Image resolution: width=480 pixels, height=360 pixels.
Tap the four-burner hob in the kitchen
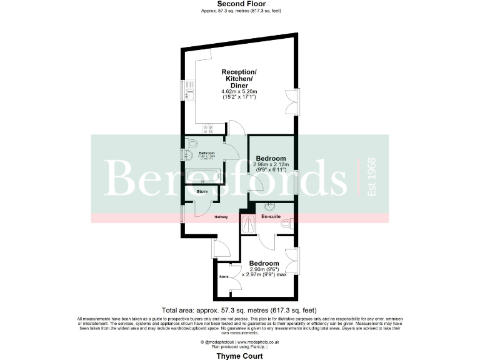point(207,130)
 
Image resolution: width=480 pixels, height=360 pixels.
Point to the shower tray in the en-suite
point(248,224)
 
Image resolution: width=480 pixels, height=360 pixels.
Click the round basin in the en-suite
point(270,207)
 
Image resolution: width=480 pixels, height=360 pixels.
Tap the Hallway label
point(221,217)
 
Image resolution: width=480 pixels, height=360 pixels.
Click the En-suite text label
point(271,217)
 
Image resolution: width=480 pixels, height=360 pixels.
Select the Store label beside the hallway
point(202,191)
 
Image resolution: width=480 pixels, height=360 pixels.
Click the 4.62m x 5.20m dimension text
point(239,92)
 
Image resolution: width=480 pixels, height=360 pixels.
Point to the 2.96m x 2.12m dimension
point(271,164)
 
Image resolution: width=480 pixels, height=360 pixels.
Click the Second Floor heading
point(239,4)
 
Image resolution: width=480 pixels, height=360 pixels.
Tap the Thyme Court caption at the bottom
point(239,355)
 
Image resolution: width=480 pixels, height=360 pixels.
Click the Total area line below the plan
point(239,310)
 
